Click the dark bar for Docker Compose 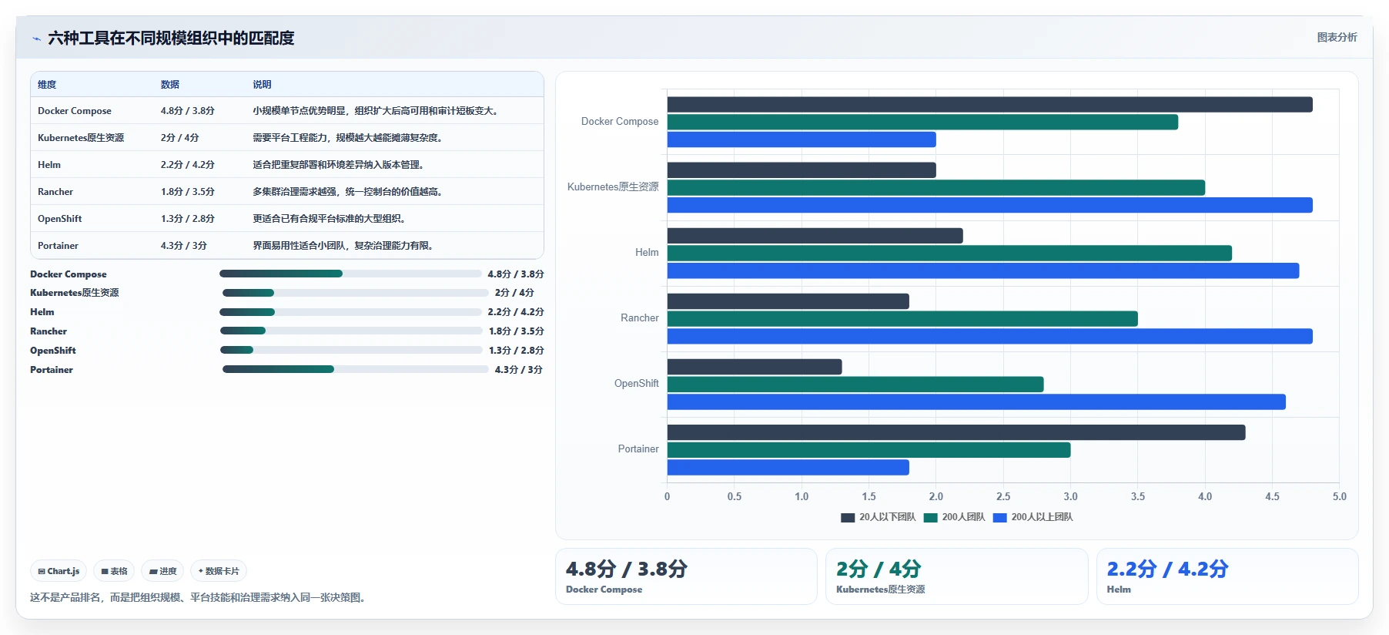tap(989, 105)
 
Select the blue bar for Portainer tap(788, 468)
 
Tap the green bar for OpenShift tap(855, 385)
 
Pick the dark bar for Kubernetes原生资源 tap(802, 170)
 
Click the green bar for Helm tap(949, 254)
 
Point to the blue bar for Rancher tap(989, 337)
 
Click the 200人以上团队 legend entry tap(1033, 517)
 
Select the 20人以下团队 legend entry tap(879, 517)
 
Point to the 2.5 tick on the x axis tap(1003, 497)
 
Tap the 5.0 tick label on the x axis tap(1340, 497)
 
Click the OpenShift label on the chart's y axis tap(637, 384)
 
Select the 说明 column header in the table tap(262, 85)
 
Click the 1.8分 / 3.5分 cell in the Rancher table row tap(188, 192)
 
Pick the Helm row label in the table tap(49, 165)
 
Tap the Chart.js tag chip tap(59, 571)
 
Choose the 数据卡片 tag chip tap(219, 571)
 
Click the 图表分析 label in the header tap(1337, 37)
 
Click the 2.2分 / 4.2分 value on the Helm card tap(1167, 569)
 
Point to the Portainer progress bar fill tap(278, 369)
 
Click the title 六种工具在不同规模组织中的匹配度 tap(171, 38)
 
